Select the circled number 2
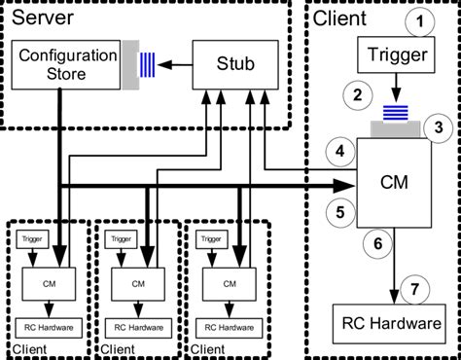[x=359, y=95]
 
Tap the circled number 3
[x=439, y=126]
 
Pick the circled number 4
[x=341, y=153]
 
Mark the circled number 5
[x=341, y=208]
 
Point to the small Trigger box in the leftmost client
[x=31, y=238]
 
